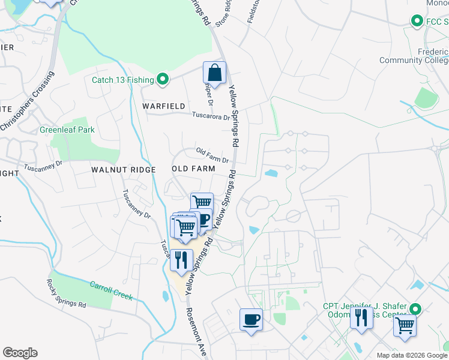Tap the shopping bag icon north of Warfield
214,73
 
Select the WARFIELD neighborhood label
164,106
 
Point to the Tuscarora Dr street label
211,116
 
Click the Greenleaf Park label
67,130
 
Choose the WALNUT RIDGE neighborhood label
124,170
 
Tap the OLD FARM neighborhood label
193,169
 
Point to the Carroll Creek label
111,291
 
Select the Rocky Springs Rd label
67,293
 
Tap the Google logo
20,353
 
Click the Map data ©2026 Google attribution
412,355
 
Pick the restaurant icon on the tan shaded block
181,259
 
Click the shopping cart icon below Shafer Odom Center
405,326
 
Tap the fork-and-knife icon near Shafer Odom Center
361,317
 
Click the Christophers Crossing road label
26,101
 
